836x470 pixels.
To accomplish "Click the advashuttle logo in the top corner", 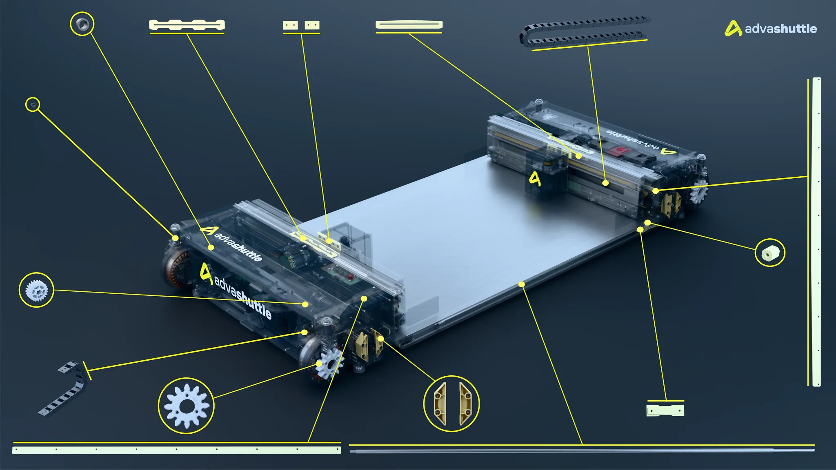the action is click(x=770, y=29).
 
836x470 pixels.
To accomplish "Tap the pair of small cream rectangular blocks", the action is click(x=301, y=25).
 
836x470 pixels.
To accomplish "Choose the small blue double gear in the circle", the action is click(x=37, y=290).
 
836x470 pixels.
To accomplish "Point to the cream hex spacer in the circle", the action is click(x=770, y=253).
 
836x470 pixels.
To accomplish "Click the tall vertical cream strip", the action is click(x=816, y=232).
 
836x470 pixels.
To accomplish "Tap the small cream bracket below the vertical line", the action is click(x=665, y=410).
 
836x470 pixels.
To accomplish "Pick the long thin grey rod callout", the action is click(x=582, y=451).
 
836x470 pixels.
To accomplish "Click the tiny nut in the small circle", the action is click(x=33, y=105).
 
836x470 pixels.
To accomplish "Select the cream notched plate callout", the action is click(x=187, y=25).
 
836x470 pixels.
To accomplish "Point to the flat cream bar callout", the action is click(x=409, y=25).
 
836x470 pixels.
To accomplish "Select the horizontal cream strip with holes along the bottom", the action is click(x=177, y=450).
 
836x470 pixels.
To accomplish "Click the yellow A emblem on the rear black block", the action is click(x=535, y=178).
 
